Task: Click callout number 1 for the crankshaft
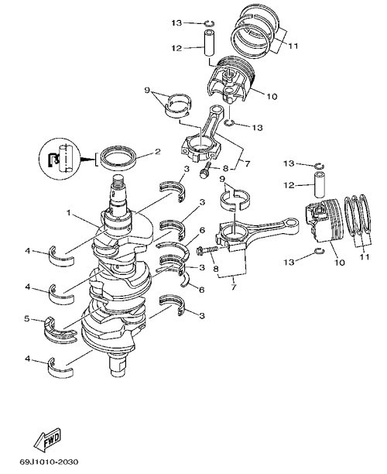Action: (x=69, y=213)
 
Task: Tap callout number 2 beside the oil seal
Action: (x=157, y=152)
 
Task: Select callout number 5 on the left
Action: (x=27, y=318)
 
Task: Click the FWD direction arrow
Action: (x=47, y=439)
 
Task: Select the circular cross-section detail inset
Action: (x=60, y=159)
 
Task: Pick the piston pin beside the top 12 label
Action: (x=209, y=43)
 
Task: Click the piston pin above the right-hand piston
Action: (x=319, y=184)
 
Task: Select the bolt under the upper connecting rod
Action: (x=205, y=170)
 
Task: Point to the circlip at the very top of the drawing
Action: (x=209, y=23)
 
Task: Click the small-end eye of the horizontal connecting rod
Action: (x=293, y=224)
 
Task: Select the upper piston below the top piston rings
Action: (x=231, y=80)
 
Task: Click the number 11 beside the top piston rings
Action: (x=293, y=46)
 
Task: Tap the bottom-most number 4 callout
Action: (x=27, y=359)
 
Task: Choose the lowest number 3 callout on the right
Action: (x=202, y=315)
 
